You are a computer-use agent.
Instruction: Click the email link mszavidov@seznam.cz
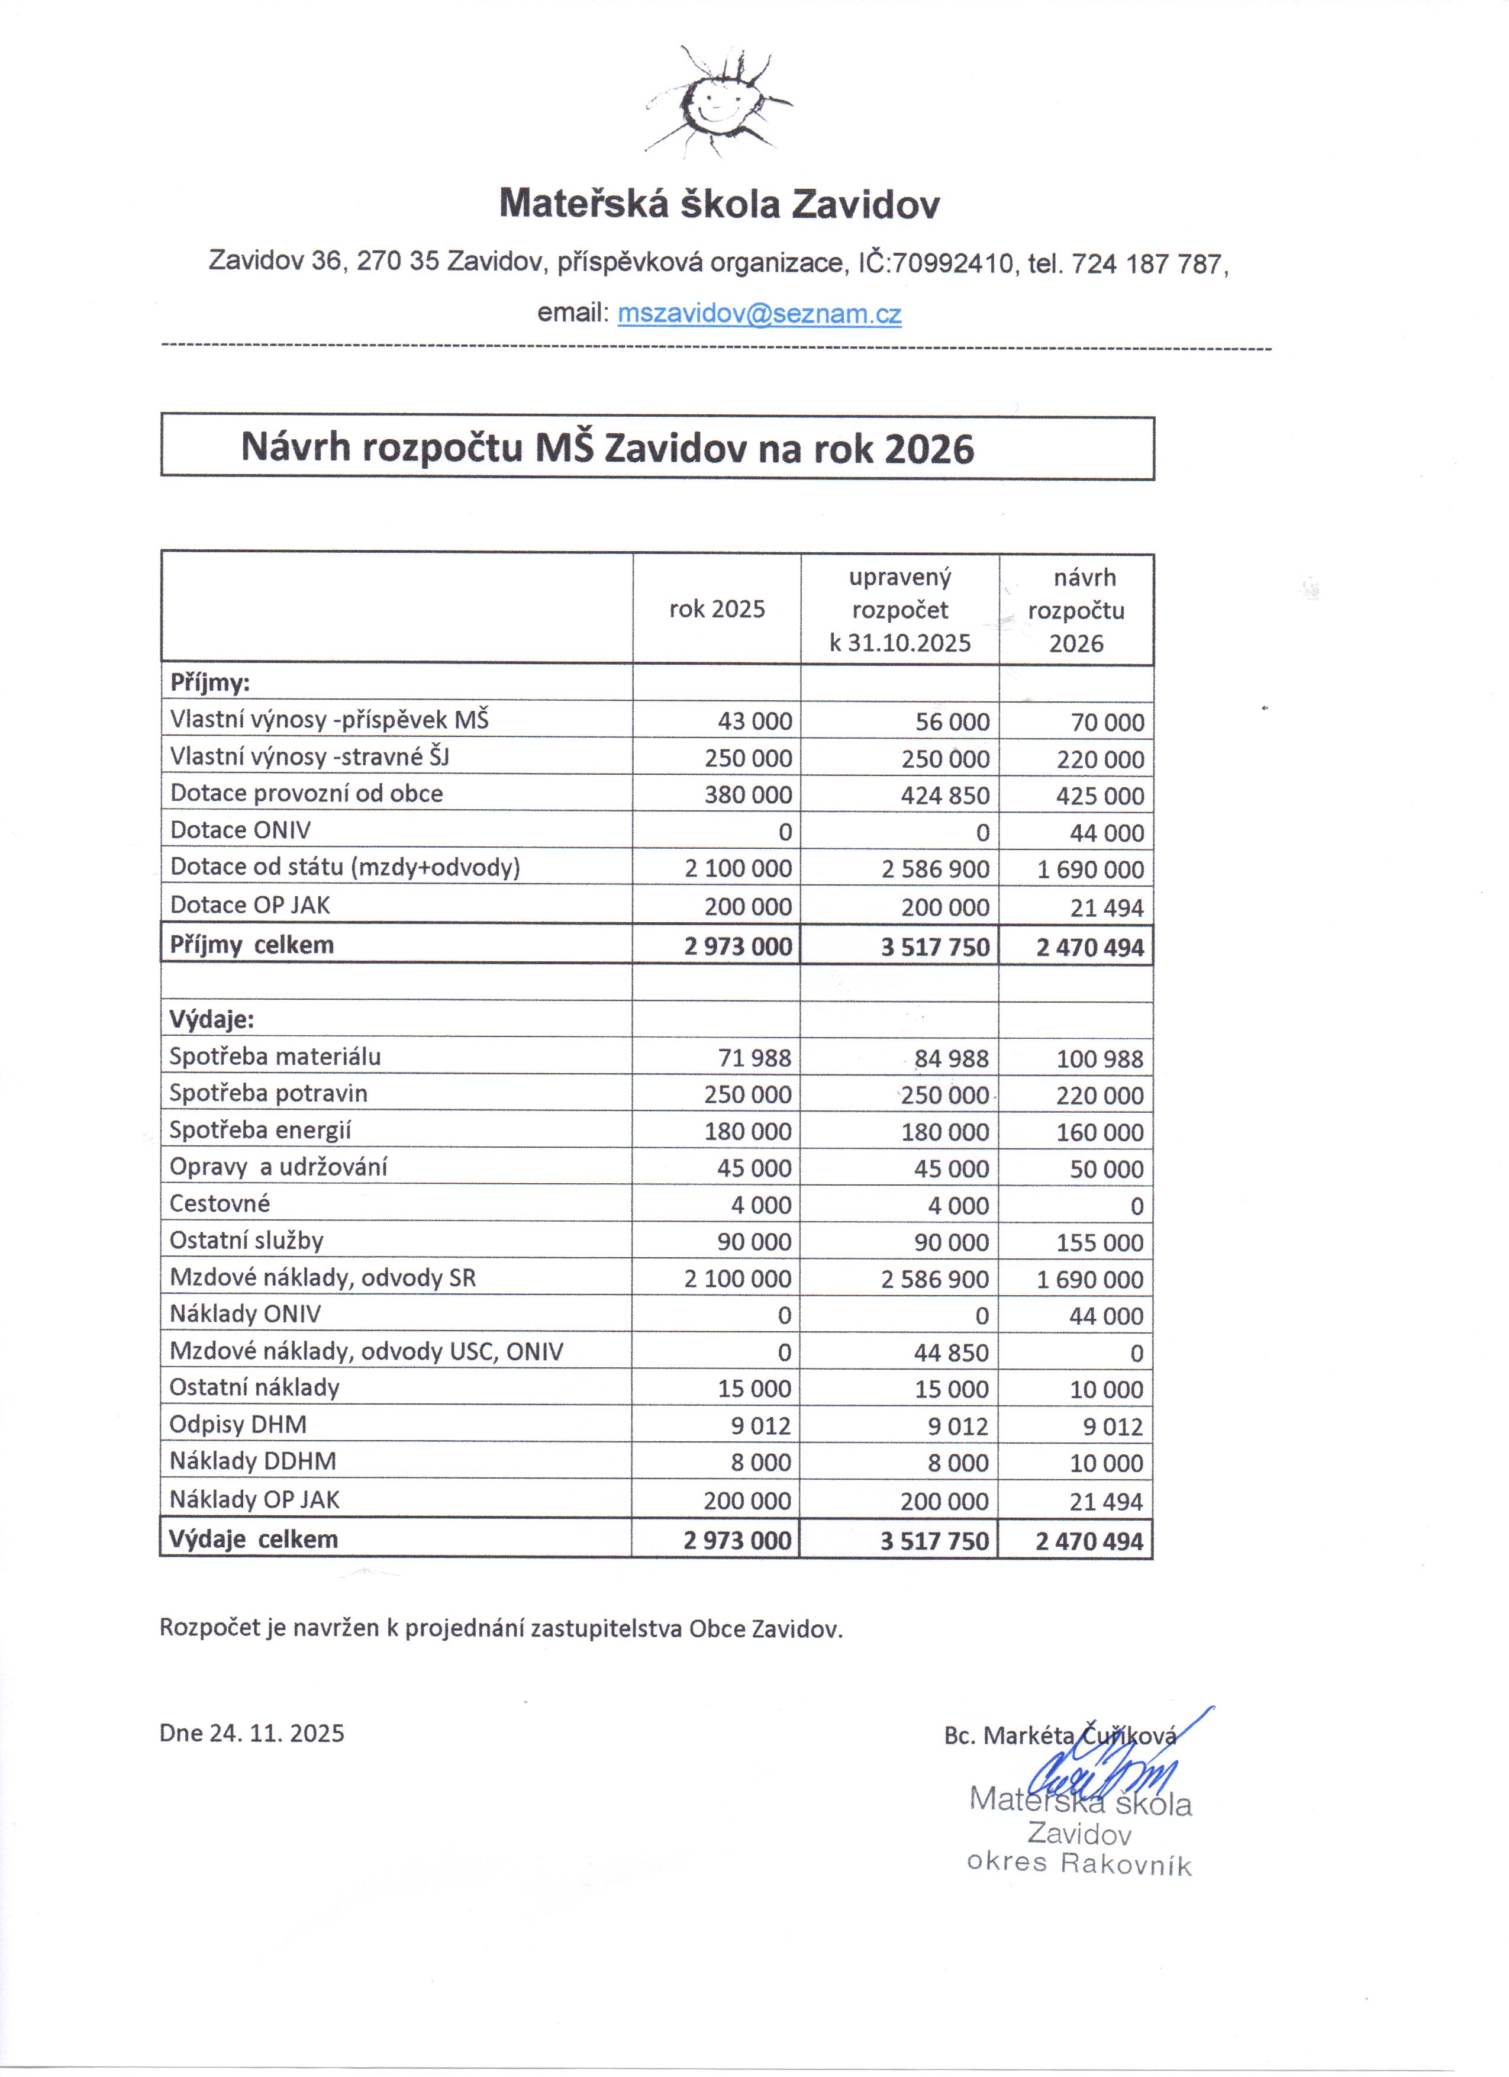[x=759, y=314]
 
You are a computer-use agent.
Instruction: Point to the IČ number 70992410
[x=952, y=265]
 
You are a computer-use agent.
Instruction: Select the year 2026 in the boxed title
[x=930, y=449]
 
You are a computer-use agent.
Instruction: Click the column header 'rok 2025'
[x=717, y=610]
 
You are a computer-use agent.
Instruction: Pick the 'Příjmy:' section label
[x=209, y=683]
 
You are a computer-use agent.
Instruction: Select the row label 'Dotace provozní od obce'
[x=307, y=794]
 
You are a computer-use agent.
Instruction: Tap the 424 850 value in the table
[x=945, y=796]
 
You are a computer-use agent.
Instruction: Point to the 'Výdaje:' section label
[x=211, y=1019]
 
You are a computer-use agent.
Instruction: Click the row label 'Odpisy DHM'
[x=238, y=1425]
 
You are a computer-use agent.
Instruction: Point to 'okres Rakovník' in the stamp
[x=1079, y=1864]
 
